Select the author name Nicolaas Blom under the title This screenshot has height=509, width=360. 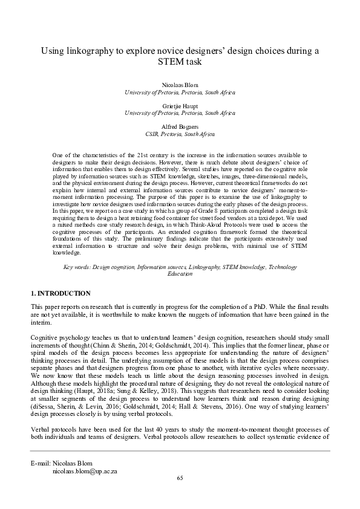pos(180,86)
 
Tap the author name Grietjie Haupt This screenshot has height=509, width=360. pos(180,106)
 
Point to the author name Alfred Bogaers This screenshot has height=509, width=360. pos(180,126)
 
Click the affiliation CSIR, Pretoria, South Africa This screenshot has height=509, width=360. pos(180,134)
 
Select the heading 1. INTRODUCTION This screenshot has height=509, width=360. pos(61,293)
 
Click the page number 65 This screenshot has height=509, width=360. pos(180,478)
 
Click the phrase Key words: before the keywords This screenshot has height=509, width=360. pos(79,267)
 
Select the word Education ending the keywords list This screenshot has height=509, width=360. pos(180,274)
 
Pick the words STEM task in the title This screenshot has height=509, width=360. pos(180,62)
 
